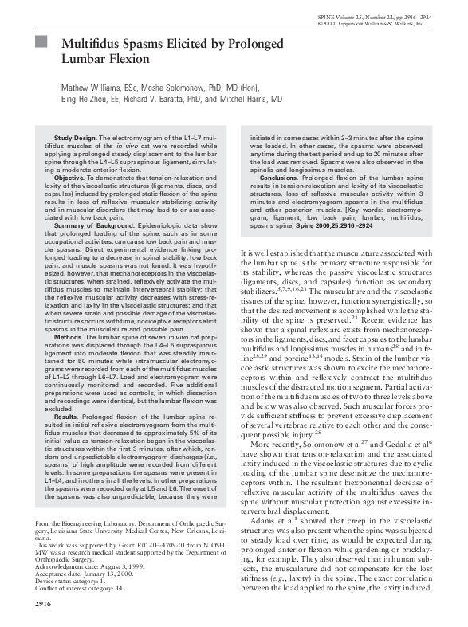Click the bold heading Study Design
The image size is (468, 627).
pyautogui.click(x=76, y=139)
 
